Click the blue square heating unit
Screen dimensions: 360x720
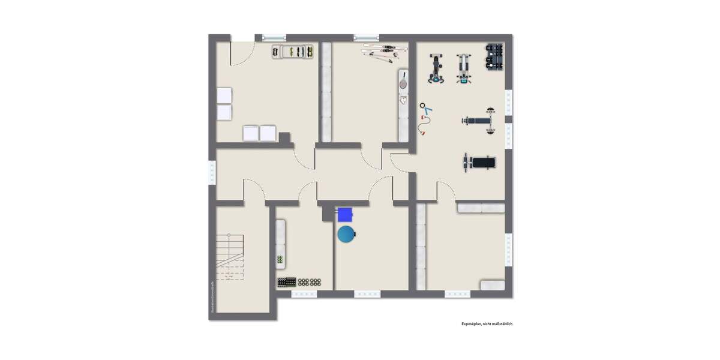pyautogui.click(x=344, y=214)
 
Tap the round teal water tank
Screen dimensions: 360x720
pyautogui.click(x=346, y=234)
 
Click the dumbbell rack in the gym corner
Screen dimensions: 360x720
pyautogui.click(x=494, y=56)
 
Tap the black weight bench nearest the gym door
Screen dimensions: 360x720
pyautogui.click(x=480, y=162)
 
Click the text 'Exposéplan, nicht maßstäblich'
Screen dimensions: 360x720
pyautogui.click(x=487, y=324)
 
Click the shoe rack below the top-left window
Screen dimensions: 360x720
pyautogui.click(x=293, y=52)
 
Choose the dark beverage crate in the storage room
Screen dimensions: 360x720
pyautogui.click(x=287, y=281)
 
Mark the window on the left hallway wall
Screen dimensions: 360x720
pyautogui.click(x=212, y=173)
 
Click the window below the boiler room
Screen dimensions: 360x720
pyautogui.click(x=367, y=294)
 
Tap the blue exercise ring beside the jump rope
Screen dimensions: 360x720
pyautogui.click(x=427, y=110)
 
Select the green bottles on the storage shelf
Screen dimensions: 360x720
pyautogui.click(x=280, y=260)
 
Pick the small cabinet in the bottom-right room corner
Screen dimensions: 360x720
pyautogui.click(x=492, y=286)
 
